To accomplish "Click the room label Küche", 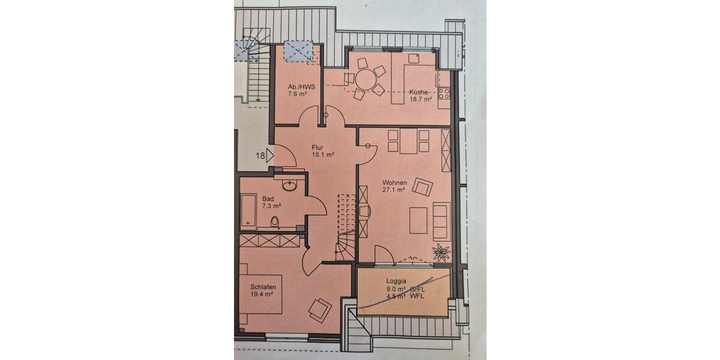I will [418, 92].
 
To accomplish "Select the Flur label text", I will [318, 146].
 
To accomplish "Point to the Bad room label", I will [268, 199].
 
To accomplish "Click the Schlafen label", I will [263, 287].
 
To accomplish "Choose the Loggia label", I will [397, 281].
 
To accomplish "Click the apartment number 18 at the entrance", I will [260, 157].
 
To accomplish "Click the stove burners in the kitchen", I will [444, 94].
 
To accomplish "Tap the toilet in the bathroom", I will [275, 222].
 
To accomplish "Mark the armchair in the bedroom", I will [319, 309].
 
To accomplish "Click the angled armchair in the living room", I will [422, 188].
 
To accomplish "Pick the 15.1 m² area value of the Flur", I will [323, 154].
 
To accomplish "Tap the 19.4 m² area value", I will [262, 295].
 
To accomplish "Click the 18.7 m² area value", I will [420, 100].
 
